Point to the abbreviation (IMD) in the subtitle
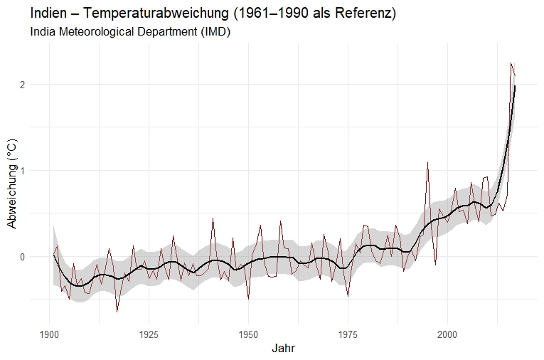(213, 32)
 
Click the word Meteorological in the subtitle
(96, 32)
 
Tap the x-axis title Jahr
(284, 349)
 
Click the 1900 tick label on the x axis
(50, 334)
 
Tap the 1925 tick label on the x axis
(149, 334)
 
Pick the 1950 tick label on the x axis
(248, 334)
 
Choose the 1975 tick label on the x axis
(348, 334)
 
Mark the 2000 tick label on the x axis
(447, 334)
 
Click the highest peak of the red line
(511, 63)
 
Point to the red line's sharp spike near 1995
(427, 163)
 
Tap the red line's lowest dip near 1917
(117, 312)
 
